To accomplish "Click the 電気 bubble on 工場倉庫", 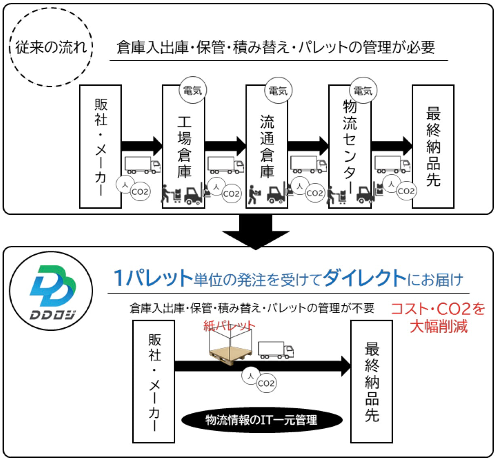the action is click(193, 90).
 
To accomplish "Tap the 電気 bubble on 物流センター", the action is click(363, 90).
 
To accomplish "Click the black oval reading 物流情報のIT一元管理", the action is click(262, 420).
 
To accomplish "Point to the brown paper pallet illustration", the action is click(230, 356).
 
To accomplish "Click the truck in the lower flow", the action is click(276, 350).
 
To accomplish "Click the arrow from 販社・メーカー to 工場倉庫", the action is click(142, 146).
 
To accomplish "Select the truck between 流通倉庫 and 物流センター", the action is click(308, 164).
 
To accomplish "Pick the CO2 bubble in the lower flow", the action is click(266, 383).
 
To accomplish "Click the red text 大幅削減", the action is click(439, 326).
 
